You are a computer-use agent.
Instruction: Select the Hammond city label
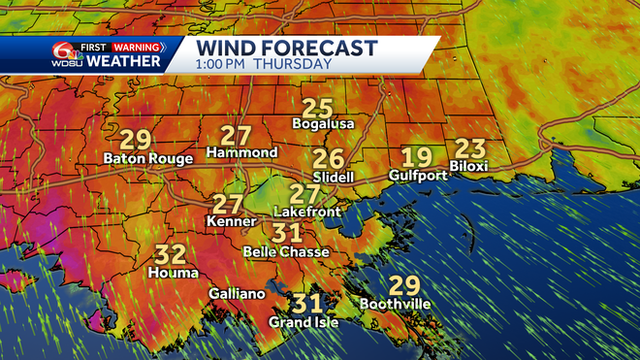pyautogui.click(x=242, y=152)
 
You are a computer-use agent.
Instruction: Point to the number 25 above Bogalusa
pyautogui.click(x=317, y=109)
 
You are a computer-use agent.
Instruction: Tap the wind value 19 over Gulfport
pyautogui.click(x=418, y=158)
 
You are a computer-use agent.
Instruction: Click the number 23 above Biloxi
pyautogui.click(x=469, y=149)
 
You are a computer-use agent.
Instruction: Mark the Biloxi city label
pyautogui.click(x=469, y=167)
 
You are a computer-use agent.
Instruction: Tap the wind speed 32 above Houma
pyautogui.click(x=171, y=255)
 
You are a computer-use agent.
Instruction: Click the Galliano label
pyautogui.click(x=235, y=294)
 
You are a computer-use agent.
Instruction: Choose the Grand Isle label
pyautogui.click(x=304, y=322)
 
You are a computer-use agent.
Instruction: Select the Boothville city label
pyautogui.click(x=395, y=305)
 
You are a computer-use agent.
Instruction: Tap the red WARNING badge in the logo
pyautogui.click(x=137, y=45)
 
